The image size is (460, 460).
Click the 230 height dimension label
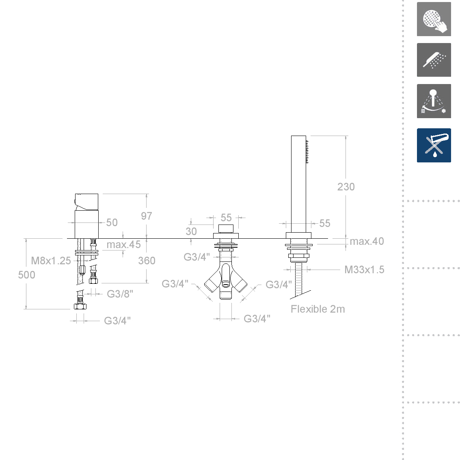[346, 187]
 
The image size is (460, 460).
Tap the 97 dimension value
[147, 216]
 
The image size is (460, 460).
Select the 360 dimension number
[147, 261]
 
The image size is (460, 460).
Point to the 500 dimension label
[26, 275]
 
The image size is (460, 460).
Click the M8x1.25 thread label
[51, 261]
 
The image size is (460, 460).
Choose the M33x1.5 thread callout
[364, 270]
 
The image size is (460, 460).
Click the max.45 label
[123, 244]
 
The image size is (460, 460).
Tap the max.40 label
[367, 241]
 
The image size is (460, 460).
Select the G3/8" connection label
[120, 294]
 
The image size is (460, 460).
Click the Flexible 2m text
[318, 309]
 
